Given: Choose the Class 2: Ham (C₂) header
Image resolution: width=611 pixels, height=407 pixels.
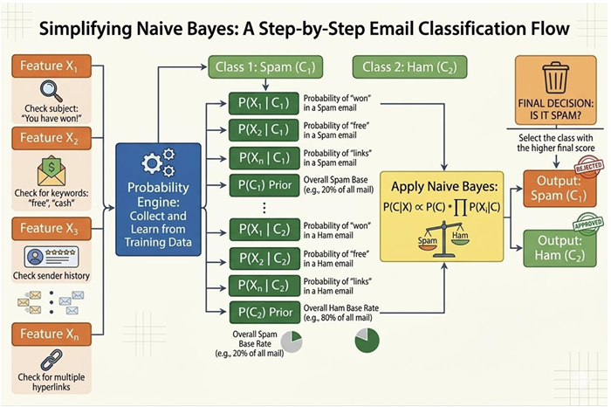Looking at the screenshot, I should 410,67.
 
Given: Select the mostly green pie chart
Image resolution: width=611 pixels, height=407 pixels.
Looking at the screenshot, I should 367,341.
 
